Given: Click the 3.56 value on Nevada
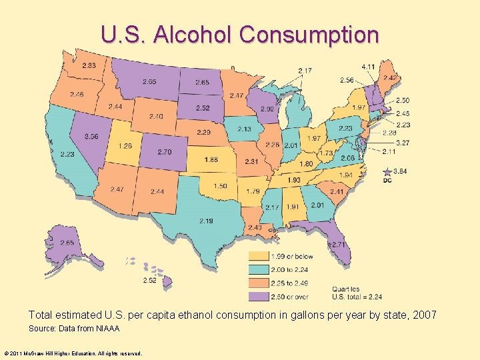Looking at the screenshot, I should click(91, 137).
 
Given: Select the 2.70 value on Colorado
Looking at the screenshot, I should click(165, 152).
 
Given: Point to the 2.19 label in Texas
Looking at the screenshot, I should click(206, 221).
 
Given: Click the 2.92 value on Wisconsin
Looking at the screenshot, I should click(267, 109).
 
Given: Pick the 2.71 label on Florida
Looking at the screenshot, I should click(339, 245).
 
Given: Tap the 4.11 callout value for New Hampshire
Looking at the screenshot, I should click(368, 67).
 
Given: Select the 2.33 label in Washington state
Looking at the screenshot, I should click(89, 65).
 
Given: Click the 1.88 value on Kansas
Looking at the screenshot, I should click(211, 159).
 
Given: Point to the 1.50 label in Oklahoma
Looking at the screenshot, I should click(221, 186).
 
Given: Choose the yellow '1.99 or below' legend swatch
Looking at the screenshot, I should click(259, 256).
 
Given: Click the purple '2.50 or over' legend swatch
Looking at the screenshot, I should click(259, 296).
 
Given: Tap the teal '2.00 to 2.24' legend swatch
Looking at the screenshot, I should click(259, 269).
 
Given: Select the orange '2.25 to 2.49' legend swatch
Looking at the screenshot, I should click(259, 283).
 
